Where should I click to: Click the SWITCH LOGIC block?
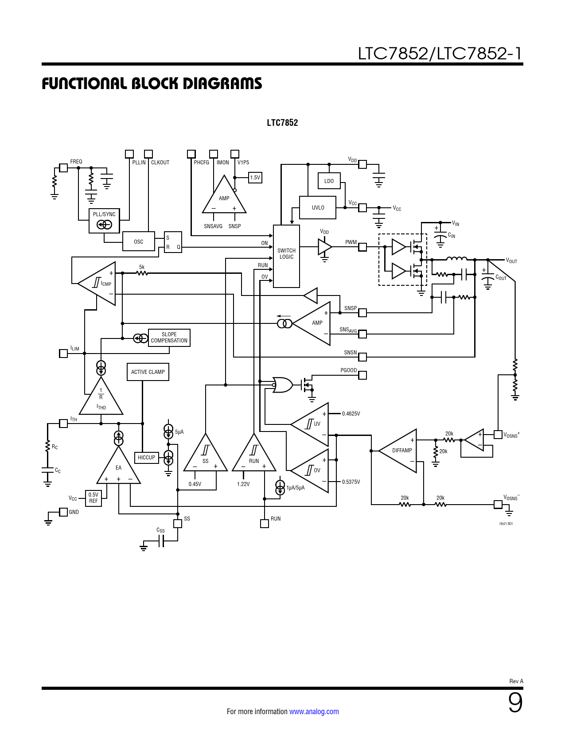[x=286, y=256]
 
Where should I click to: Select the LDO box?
[x=329, y=181]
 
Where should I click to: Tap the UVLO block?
[x=318, y=208]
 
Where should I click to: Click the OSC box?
[x=138, y=241]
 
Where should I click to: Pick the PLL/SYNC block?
[x=104, y=221]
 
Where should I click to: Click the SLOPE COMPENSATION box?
[x=169, y=338]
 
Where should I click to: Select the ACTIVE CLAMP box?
[x=148, y=372]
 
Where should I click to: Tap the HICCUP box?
[x=146, y=458]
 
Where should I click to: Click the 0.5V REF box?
[x=93, y=498]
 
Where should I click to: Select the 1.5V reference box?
[x=255, y=178]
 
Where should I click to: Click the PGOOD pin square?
[x=362, y=375]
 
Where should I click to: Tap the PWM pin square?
[x=362, y=247]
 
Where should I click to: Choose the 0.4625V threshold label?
[x=351, y=414]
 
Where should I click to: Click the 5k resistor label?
[x=142, y=267]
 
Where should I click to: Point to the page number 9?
[x=515, y=703]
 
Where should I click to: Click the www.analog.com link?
[x=314, y=712]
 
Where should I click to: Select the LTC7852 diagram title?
[x=282, y=123]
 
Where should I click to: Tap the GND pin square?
[x=64, y=512]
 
